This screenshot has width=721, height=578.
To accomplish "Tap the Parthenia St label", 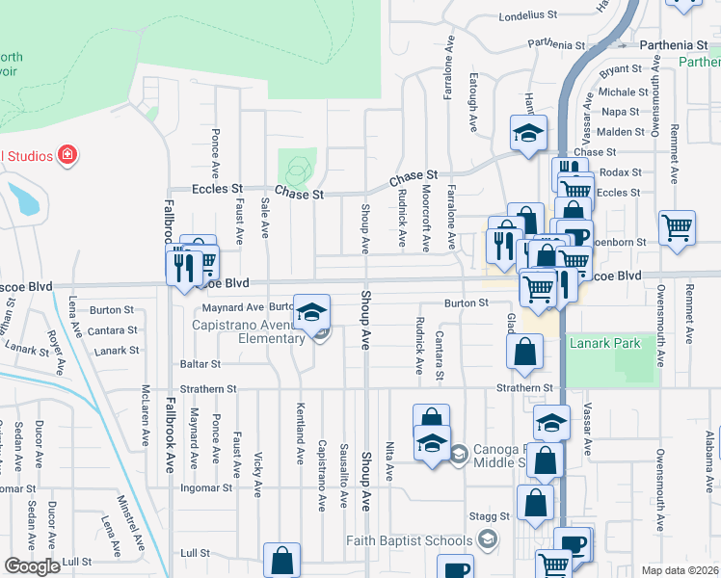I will (x=676, y=45).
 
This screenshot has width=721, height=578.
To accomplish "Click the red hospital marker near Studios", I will (x=67, y=154).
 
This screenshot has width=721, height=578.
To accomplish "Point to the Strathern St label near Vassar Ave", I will (x=523, y=388).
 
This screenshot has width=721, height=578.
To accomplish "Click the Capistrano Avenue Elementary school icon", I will (x=311, y=312).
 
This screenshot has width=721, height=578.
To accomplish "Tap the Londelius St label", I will (x=529, y=15).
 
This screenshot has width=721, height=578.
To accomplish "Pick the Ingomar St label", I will (x=207, y=488).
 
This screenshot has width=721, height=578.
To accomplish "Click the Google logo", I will (x=32, y=567).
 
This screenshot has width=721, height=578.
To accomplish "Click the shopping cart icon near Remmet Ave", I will (x=678, y=228).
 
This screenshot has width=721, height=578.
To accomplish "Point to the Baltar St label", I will (x=200, y=365).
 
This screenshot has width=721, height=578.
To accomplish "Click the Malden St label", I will (x=620, y=132).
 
